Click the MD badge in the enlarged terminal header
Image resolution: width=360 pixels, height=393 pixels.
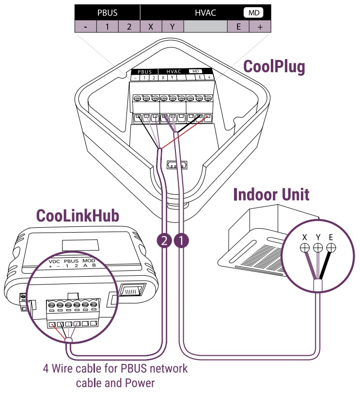[x=253, y=13]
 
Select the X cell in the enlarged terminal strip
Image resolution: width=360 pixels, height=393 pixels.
[x=151, y=27]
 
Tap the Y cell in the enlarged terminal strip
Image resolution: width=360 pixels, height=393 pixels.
[x=172, y=27]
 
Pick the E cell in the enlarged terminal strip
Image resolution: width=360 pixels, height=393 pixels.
[x=238, y=27]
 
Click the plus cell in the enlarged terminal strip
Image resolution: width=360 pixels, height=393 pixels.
[x=260, y=27]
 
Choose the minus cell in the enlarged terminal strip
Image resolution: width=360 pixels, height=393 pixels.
[x=86, y=27]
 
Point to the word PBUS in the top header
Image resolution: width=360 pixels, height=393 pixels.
[x=108, y=13]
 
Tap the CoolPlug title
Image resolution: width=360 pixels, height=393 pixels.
[x=274, y=67]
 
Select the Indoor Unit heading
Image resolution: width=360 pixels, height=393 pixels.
[x=271, y=195]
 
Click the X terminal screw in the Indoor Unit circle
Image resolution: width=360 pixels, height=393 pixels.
[x=305, y=248]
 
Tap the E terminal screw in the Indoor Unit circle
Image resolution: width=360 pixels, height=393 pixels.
[x=331, y=248]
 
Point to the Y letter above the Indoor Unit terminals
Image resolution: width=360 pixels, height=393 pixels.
[x=318, y=237]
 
